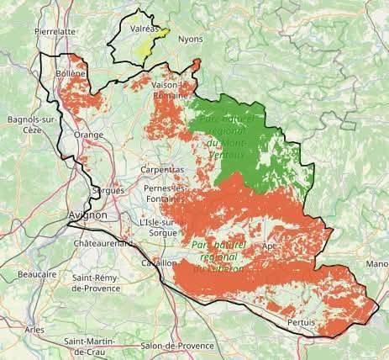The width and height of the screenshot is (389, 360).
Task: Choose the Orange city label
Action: [x=89, y=135]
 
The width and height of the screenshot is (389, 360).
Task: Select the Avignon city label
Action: [x=87, y=215]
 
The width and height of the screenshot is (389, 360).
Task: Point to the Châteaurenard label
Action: [x=103, y=243]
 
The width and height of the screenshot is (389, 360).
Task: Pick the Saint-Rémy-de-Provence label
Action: [x=101, y=283]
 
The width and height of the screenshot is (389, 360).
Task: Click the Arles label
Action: [x=34, y=329]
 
